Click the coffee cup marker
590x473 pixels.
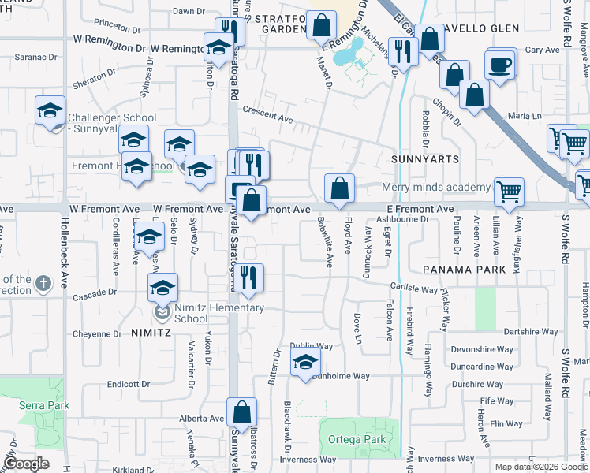[499, 65]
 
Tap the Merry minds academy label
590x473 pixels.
[436, 187]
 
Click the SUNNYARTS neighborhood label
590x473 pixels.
[424, 159]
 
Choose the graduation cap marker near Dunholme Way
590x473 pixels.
[305, 363]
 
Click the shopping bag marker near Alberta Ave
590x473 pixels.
[241, 412]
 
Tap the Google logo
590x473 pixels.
[26, 464]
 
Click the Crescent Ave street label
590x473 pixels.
[267, 115]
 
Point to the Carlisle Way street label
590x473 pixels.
[413, 289]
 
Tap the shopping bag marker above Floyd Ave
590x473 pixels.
[339, 189]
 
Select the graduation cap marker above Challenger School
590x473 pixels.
[50, 110]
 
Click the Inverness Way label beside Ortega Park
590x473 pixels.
[446, 459]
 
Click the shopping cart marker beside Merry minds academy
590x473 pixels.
[509, 191]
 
